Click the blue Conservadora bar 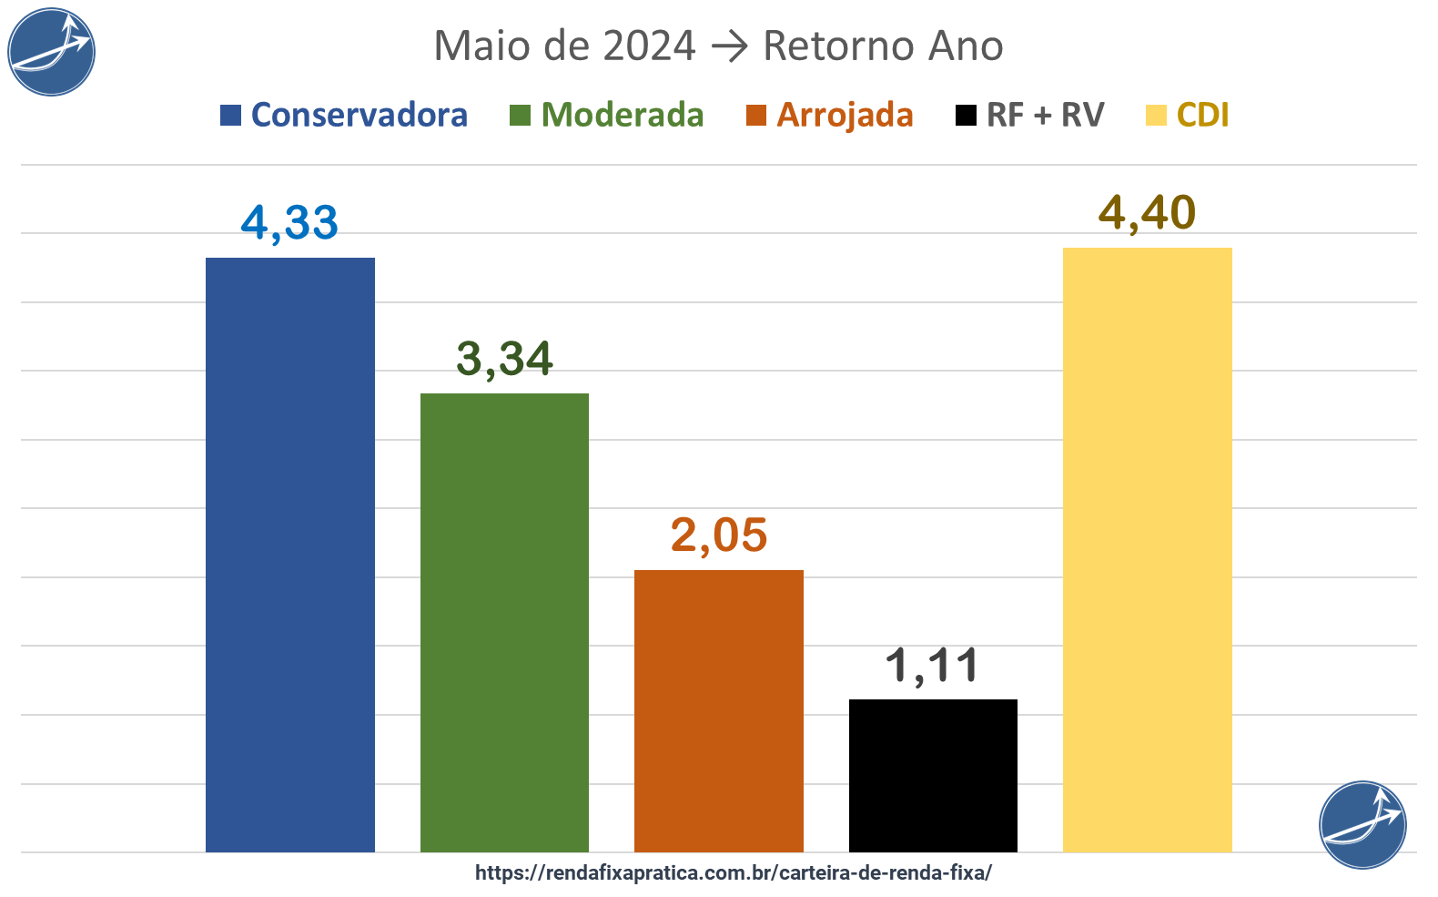coord(289,555)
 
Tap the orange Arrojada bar coord(718,710)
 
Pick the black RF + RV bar coord(933,775)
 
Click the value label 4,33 coord(289,223)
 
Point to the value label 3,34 coord(504,359)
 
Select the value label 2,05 coord(719,535)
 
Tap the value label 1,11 coord(933,666)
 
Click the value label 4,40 coord(1147,213)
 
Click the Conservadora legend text coord(359,116)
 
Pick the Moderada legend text coord(623,116)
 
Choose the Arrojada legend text coord(845,116)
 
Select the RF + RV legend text coord(1045,116)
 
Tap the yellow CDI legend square coord(1156,116)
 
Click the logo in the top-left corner coord(52,52)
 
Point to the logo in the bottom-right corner coord(1362,824)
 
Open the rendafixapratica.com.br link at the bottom coord(733,872)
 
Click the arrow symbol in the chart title coord(728,46)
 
